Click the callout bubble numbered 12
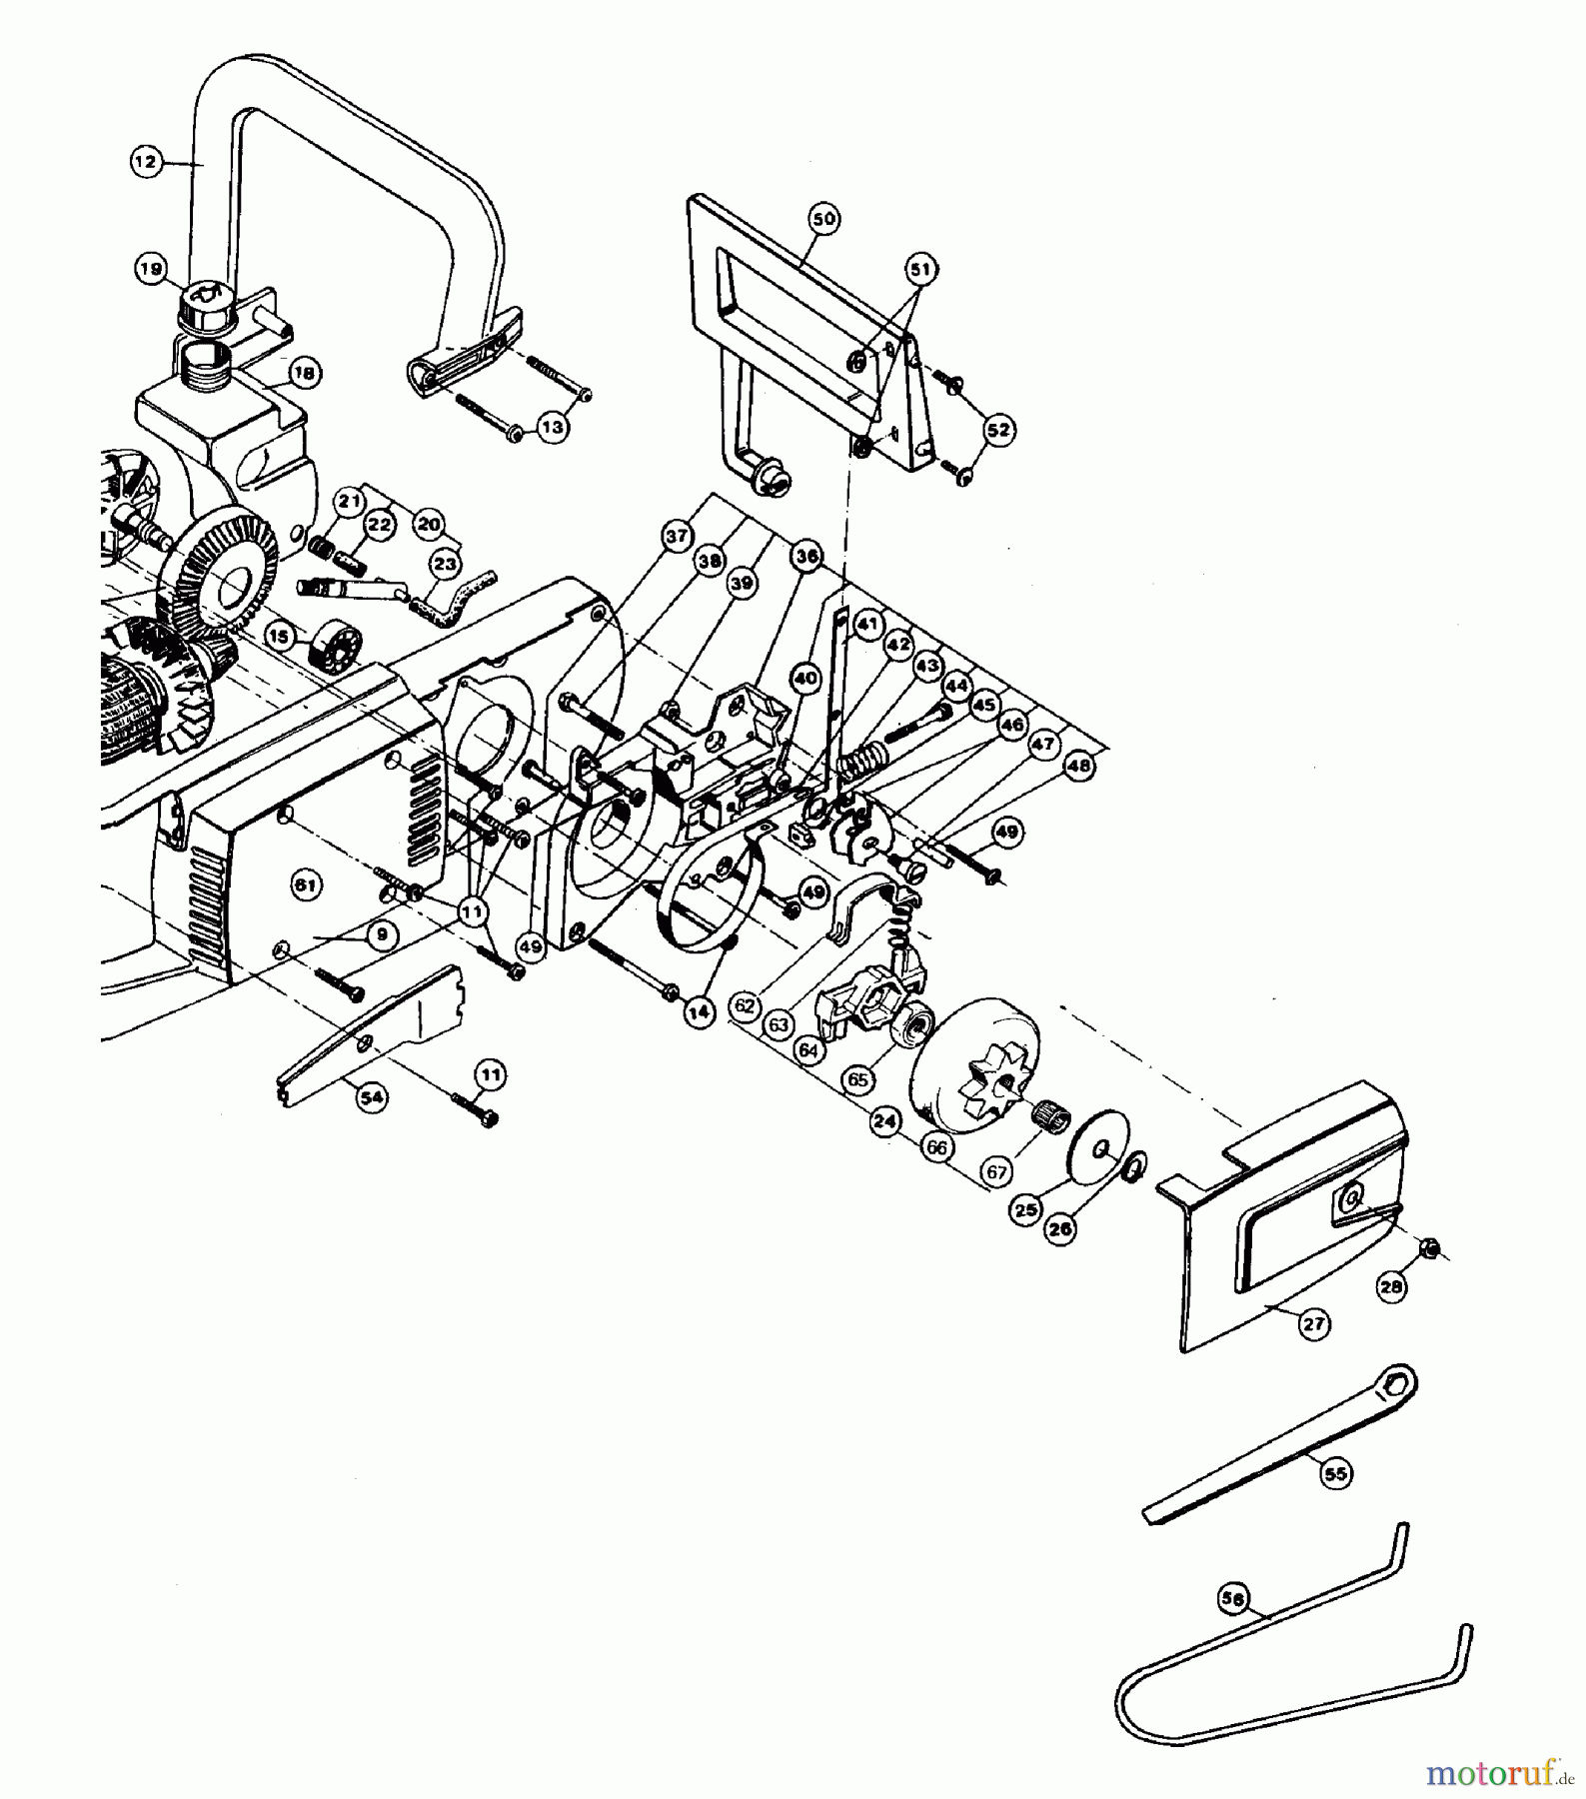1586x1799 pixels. point(147,161)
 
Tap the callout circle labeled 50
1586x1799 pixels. point(825,218)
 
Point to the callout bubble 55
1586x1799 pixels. point(1335,1473)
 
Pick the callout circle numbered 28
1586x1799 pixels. point(1391,1287)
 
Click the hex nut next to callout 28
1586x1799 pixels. point(1430,1247)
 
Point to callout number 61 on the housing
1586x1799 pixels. point(304,883)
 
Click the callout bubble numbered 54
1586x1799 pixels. point(372,1097)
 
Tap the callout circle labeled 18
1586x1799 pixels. point(304,374)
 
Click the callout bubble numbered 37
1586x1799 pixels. point(677,537)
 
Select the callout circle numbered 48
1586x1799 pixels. point(1079,768)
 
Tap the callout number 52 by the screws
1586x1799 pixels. point(997,431)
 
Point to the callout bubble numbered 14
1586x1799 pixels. point(700,1013)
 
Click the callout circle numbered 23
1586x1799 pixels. point(446,565)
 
